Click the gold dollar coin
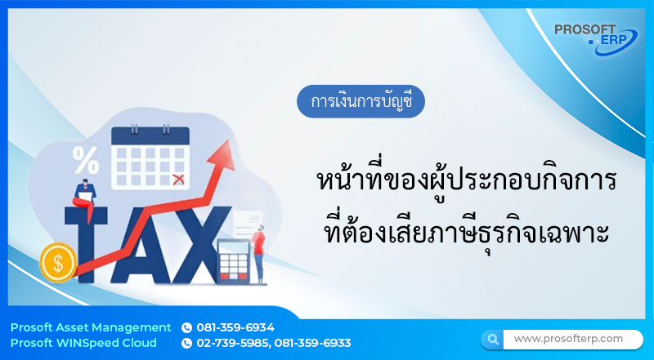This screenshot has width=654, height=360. (57, 262)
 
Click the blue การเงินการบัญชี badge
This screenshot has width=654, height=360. (361, 102)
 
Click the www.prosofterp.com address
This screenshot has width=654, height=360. (568, 338)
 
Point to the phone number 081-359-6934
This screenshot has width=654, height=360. (235, 327)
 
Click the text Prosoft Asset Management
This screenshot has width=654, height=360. (91, 327)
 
